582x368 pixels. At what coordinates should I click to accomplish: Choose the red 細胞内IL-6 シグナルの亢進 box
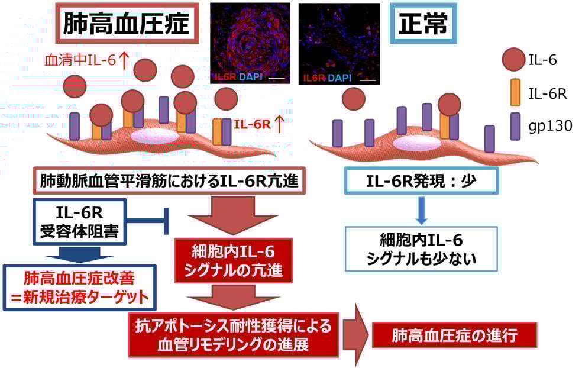[x=232, y=260]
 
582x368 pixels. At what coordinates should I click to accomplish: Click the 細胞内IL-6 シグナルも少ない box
[x=421, y=248]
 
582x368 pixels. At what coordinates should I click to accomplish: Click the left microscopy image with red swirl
[x=250, y=43]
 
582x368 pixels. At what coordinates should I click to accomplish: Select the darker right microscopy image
[x=339, y=43]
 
